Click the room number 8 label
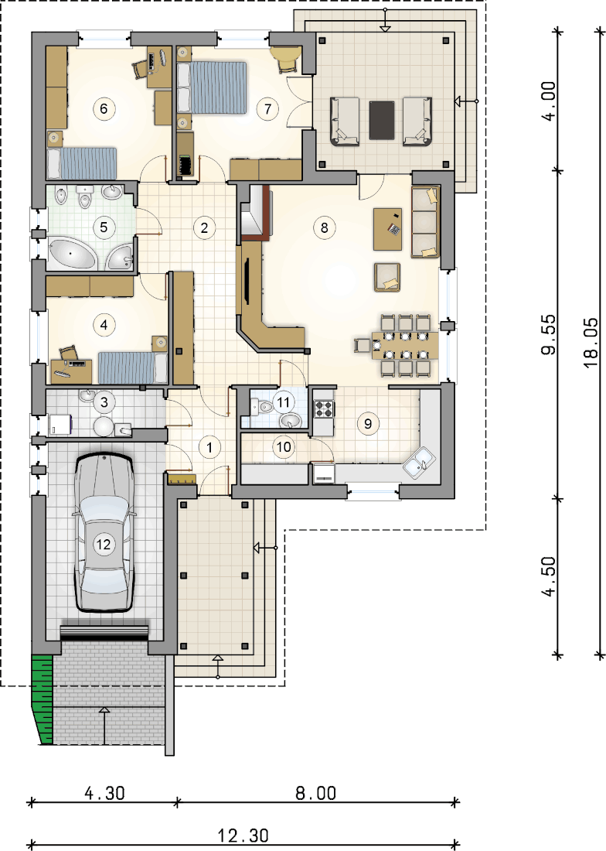tap(324, 227)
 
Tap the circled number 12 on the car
tap(103, 544)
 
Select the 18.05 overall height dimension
tap(592, 343)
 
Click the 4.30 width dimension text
tap(104, 793)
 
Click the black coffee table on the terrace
tap(382, 120)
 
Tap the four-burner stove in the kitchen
tap(324, 408)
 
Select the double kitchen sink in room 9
tap(420, 463)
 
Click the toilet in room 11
tap(262, 405)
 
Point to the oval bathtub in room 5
tap(72, 254)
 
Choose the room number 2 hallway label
tap(204, 227)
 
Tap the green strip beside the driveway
tap(43, 699)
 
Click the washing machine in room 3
tap(61, 425)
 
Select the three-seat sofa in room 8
tap(425, 221)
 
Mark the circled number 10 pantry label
tap(284, 446)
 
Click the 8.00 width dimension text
tap(315, 793)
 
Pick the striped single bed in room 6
tap(82, 162)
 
